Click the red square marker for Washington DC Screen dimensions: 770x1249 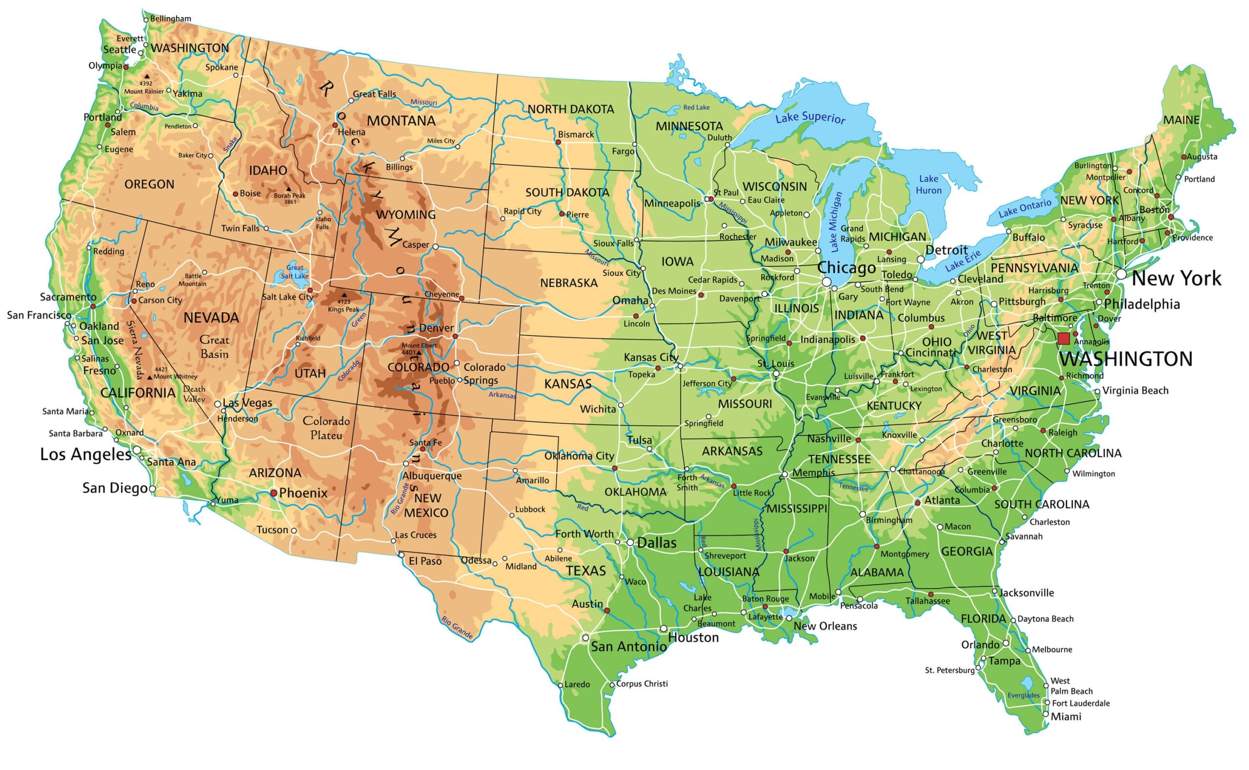pyautogui.click(x=1063, y=338)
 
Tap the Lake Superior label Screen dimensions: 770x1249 pyautogui.click(x=810, y=118)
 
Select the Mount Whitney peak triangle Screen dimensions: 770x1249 pyautogui.click(x=150, y=377)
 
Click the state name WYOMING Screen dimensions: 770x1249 pyautogui.click(x=405, y=215)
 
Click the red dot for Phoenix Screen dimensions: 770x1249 pyautogui.click(x=274, y=493)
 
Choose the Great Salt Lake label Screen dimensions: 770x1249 pyautogui.click(x=294, y=272)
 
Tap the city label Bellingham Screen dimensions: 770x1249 pyautogui.click(x=171, y=19)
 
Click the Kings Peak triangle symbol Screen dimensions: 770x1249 pyautogui.click(x=344, y=295)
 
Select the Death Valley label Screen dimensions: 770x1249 pyautogui.click(x=194, y=394)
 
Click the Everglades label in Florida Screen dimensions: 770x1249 pyautogui.click(x=1023, y=695)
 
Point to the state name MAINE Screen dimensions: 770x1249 pyautogui.click(x=1181, y=120)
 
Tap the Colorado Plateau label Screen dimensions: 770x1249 pyautogui.click(x=326, y=428)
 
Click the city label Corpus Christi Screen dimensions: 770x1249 pyautogui.click(x=642, y=684)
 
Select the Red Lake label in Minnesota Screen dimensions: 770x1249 pyautogui.click(x=696, y=107)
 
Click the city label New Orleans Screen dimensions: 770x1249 pyautogui.click(x=825, y=626)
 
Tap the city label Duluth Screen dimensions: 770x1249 pyautogui.click(x=719, y=138)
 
